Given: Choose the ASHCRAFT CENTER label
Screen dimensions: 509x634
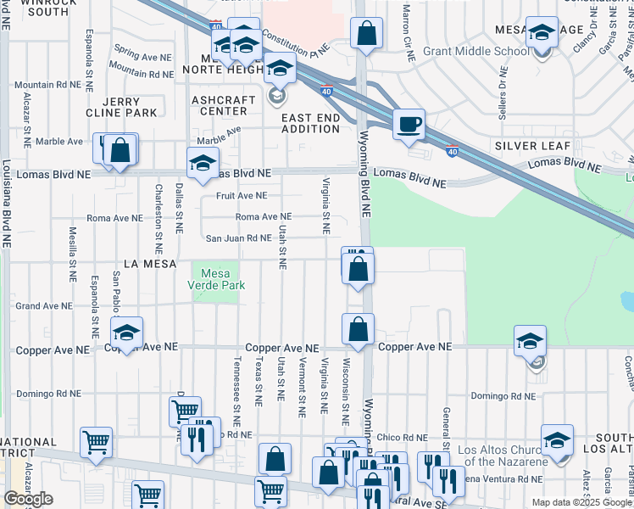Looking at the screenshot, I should click(x=224, y=105).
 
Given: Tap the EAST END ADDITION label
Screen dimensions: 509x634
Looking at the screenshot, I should click(x=311, y=122).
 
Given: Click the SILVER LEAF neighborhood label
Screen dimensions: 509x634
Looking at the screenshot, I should click(x=532, y=146).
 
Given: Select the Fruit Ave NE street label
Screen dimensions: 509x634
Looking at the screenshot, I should click(x=242, y=195).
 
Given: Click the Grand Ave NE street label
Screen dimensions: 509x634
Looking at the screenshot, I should click(x=43, y=305).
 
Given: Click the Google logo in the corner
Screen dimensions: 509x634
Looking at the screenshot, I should click(x=28, y=499).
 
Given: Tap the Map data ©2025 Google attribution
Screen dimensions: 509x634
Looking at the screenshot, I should click(x=581, y=502).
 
